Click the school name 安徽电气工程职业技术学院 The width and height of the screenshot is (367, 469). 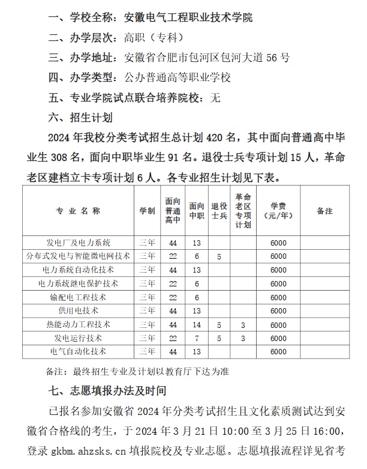(188, 17)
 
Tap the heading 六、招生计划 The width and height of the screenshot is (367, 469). (80, 117)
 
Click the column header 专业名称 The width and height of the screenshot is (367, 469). (78, 211)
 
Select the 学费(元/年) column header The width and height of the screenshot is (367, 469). (278, 211)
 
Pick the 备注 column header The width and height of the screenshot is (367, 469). (324, 211)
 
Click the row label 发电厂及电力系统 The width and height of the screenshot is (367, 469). (78, 243)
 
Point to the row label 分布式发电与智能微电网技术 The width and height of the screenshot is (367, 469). (78, 256)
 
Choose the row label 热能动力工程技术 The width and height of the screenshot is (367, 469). (78, 324)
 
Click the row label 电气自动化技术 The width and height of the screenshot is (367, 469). (78, 351)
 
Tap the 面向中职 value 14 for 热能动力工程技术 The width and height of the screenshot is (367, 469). (196, 324)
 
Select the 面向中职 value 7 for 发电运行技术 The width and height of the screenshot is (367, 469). (196, 338)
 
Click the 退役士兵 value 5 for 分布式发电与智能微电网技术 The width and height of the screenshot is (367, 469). (219, 256)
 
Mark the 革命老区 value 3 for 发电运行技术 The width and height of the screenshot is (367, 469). (243, 338)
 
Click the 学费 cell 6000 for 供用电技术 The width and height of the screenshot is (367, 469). (278, 311)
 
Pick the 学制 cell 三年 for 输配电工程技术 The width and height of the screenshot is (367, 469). (147, 297)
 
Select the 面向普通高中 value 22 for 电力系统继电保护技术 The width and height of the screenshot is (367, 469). (173, 283)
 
